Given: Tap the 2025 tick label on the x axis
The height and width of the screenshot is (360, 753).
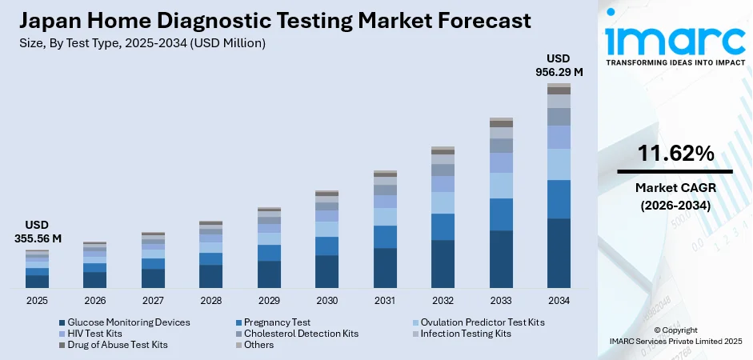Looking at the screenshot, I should coord(37,300).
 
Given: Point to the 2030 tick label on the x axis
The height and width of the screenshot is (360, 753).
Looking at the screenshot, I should coord(326,300).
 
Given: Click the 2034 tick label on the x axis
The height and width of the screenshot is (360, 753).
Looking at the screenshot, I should coord(559,300).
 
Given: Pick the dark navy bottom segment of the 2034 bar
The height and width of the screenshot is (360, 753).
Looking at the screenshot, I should coord(559,253).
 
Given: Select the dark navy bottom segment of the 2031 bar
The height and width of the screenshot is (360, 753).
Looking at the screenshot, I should coord(385,267).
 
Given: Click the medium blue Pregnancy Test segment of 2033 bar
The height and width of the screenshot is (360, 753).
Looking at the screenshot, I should coord(501,214).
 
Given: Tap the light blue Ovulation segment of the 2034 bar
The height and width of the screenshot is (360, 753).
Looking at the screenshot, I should coord(559,164).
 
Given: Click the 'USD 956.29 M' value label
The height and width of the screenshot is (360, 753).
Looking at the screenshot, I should coord(559,65).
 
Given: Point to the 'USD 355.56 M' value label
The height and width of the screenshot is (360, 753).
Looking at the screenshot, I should coord(38,231).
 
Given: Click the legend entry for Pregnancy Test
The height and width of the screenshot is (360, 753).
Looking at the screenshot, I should coord(277,322).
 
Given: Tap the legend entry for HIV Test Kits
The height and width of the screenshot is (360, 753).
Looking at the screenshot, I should coord(95,334).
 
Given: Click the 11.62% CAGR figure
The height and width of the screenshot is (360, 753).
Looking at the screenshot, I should coord(675,154).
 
